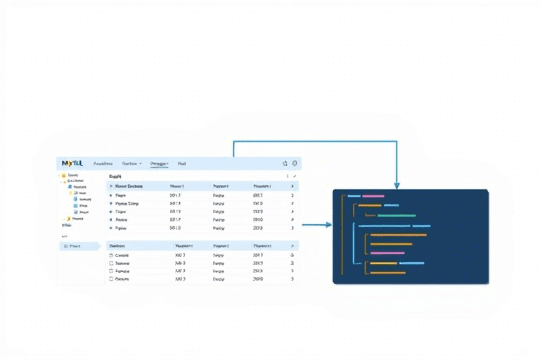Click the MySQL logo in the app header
(x=72, y=163)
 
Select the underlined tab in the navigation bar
(x=159, y=163)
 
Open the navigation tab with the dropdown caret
(x=131, y=163)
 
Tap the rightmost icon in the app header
(x=295, y=163)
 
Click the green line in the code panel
(x=397, y=215)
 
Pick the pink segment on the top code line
(x=373, y=196)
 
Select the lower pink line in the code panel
(x=387, y=252)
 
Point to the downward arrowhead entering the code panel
(x=397, y=186)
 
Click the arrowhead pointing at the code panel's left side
(x=328, y=225)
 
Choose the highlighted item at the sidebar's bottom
(x=78, y=246)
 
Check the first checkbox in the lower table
(x=111, y=255)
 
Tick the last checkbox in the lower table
(x=111, y=278)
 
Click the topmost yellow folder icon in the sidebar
(x=63, y=175)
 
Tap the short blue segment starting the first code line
(x=354, y=196)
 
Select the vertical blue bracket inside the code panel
(x=356, y=246)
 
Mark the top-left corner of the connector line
(x=233, y=141)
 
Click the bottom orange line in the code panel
(x=388, y=272)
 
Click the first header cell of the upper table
(x=129, y=186)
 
